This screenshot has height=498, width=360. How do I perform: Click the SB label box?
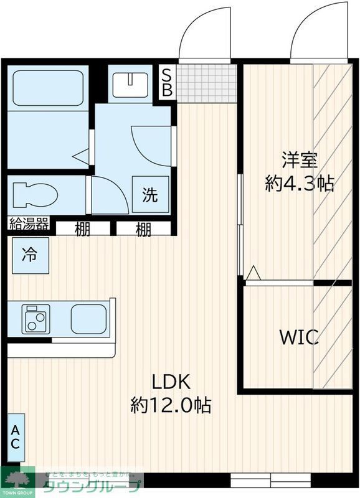(167, 82)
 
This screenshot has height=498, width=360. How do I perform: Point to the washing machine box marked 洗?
(150, 195)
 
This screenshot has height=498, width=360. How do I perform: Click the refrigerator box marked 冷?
(29, 254)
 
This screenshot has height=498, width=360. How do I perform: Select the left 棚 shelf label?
(83, 228)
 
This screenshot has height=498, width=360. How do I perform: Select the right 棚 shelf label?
(143, 228)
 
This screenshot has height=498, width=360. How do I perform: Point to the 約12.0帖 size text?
(170, 406)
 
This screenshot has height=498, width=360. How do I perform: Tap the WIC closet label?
(299, 337)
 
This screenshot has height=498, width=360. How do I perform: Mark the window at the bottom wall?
(270, 480)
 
